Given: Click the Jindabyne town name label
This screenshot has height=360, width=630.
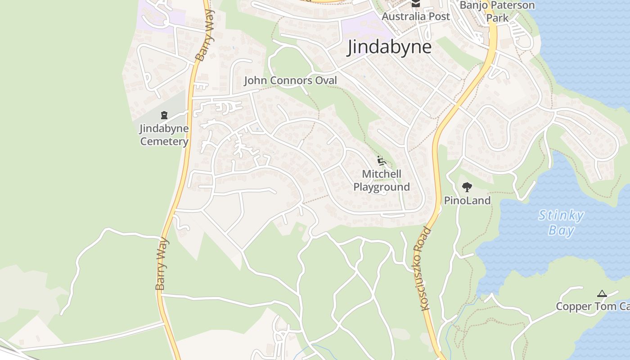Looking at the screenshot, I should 389,47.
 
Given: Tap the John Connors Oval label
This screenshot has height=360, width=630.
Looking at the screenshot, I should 290,81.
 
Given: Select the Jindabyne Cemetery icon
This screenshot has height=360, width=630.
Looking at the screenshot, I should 164,115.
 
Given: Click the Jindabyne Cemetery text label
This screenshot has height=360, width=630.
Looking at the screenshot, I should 164,135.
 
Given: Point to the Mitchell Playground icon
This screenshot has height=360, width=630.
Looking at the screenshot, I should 382,161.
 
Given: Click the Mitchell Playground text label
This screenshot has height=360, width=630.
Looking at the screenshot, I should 382,180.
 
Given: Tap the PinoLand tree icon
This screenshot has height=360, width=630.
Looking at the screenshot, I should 467,187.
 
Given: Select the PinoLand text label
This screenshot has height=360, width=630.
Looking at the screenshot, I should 467,201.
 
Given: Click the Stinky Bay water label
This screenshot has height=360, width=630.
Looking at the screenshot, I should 561,223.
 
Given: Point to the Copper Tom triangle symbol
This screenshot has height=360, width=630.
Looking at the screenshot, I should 602,294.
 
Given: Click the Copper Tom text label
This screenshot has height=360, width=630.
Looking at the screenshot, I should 592,306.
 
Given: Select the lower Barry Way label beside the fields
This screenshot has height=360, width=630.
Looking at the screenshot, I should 162,264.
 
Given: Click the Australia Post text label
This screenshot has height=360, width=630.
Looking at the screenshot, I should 416,17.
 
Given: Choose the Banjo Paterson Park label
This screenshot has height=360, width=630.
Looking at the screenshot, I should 497,11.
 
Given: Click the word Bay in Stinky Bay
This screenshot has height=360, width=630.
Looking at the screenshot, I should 561,231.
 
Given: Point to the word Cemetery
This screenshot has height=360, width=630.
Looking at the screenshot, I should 164,141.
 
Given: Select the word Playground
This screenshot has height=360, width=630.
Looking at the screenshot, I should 382,187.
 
